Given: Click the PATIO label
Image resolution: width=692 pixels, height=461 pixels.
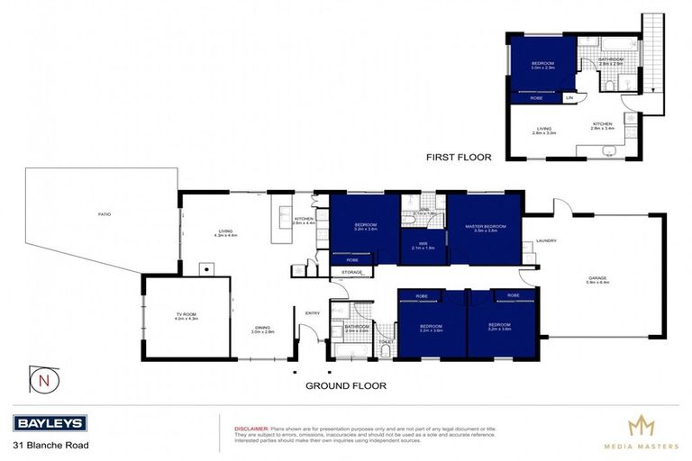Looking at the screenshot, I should click(x=105, y=214).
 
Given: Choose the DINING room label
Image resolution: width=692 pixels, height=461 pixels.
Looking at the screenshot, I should click(x=261, y=330).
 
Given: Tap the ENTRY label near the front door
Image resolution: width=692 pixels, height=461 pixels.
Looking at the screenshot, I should click(x=313, y=312).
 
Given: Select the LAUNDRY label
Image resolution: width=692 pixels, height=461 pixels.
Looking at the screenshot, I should click(x=546, y=240).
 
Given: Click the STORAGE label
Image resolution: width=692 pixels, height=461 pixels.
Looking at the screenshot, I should click(x=351, y=271).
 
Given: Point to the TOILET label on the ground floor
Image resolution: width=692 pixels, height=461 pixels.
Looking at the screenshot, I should click(x=385, y=341).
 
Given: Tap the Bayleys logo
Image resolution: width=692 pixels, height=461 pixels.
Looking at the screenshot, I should click(x=50, y=423).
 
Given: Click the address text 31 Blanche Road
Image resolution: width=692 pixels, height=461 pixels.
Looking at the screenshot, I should click(x=50, y=445).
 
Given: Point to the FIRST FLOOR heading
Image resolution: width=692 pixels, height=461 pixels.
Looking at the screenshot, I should click(x=459, y=157).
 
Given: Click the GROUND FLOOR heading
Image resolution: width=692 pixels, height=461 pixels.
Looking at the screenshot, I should click(x=345, y=385).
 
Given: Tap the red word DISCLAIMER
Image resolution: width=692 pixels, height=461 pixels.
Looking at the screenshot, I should click(x=250, y=429).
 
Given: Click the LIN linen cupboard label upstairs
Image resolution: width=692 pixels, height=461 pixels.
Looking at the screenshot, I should click(x=569, y=97).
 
